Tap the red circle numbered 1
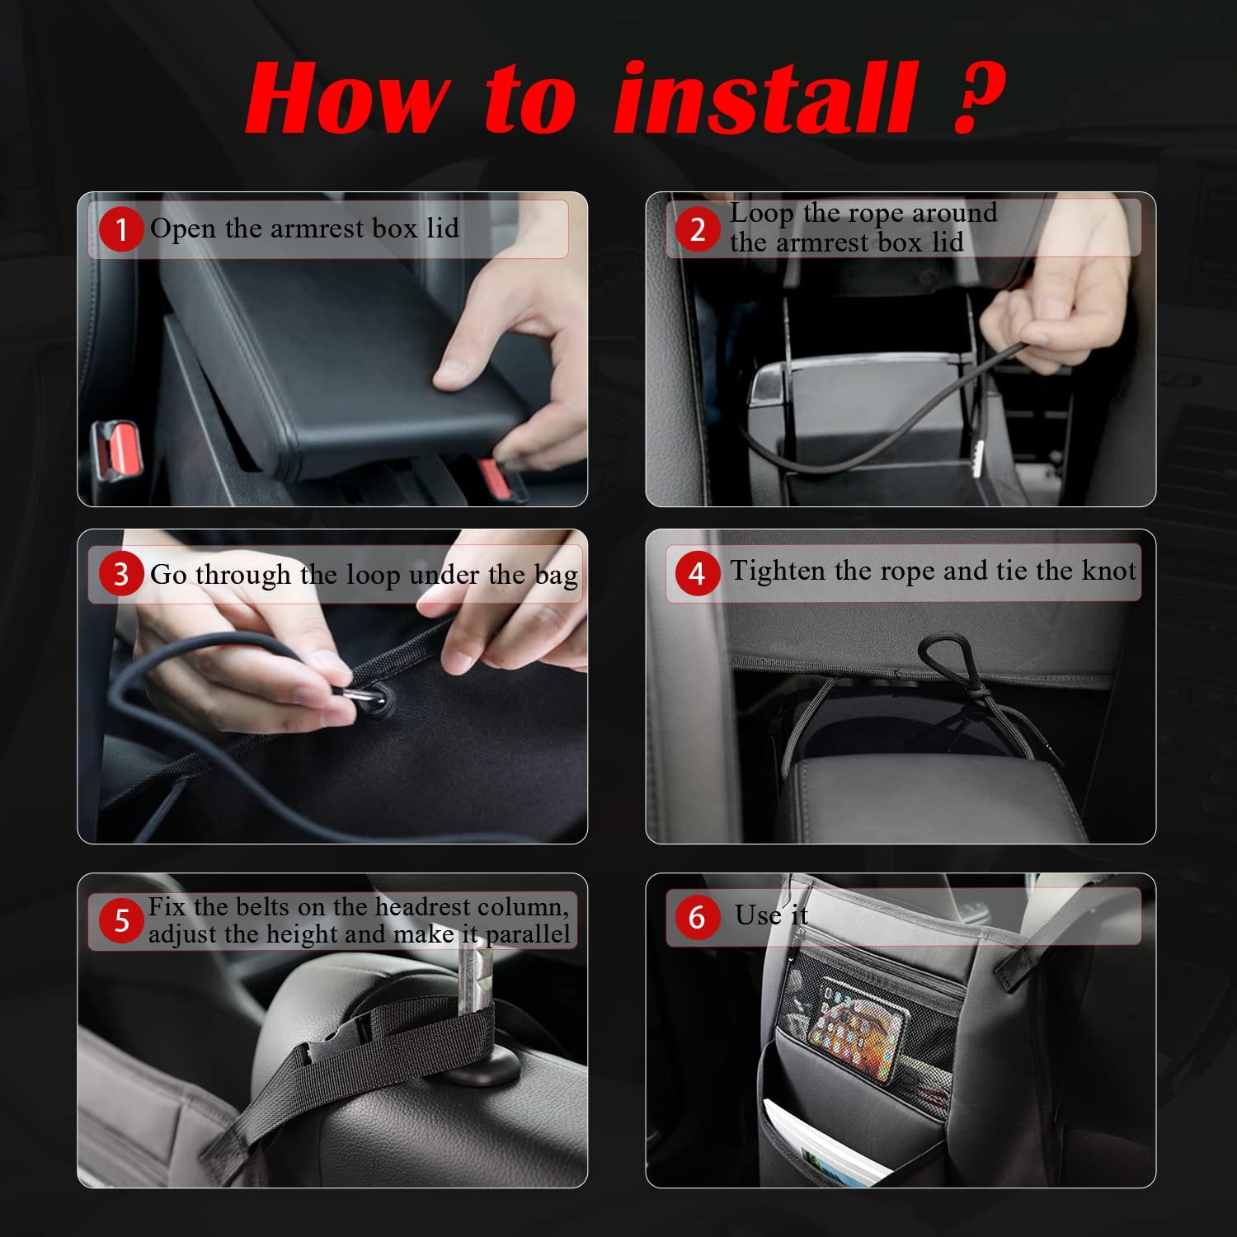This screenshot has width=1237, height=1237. pyautogui.click(x=121, y=229)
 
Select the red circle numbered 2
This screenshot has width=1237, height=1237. pyautogui.click(x=698, y=228)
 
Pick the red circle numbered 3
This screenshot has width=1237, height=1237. pyautogui.click(x=121, y=574)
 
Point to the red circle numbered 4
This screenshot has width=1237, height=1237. pyautogui.click(x=698, y=572)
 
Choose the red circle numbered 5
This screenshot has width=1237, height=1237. pyautogui.click(x=121, y=920)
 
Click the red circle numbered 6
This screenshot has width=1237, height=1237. pyautogui.click(x=698, y=917)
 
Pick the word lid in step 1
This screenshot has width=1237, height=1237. pyautogui.click(x=442, y=228)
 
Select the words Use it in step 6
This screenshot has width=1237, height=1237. pyautogui.click(x=771, y=915)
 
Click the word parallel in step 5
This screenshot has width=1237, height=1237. pyautogui.click(x=527, y=934)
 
